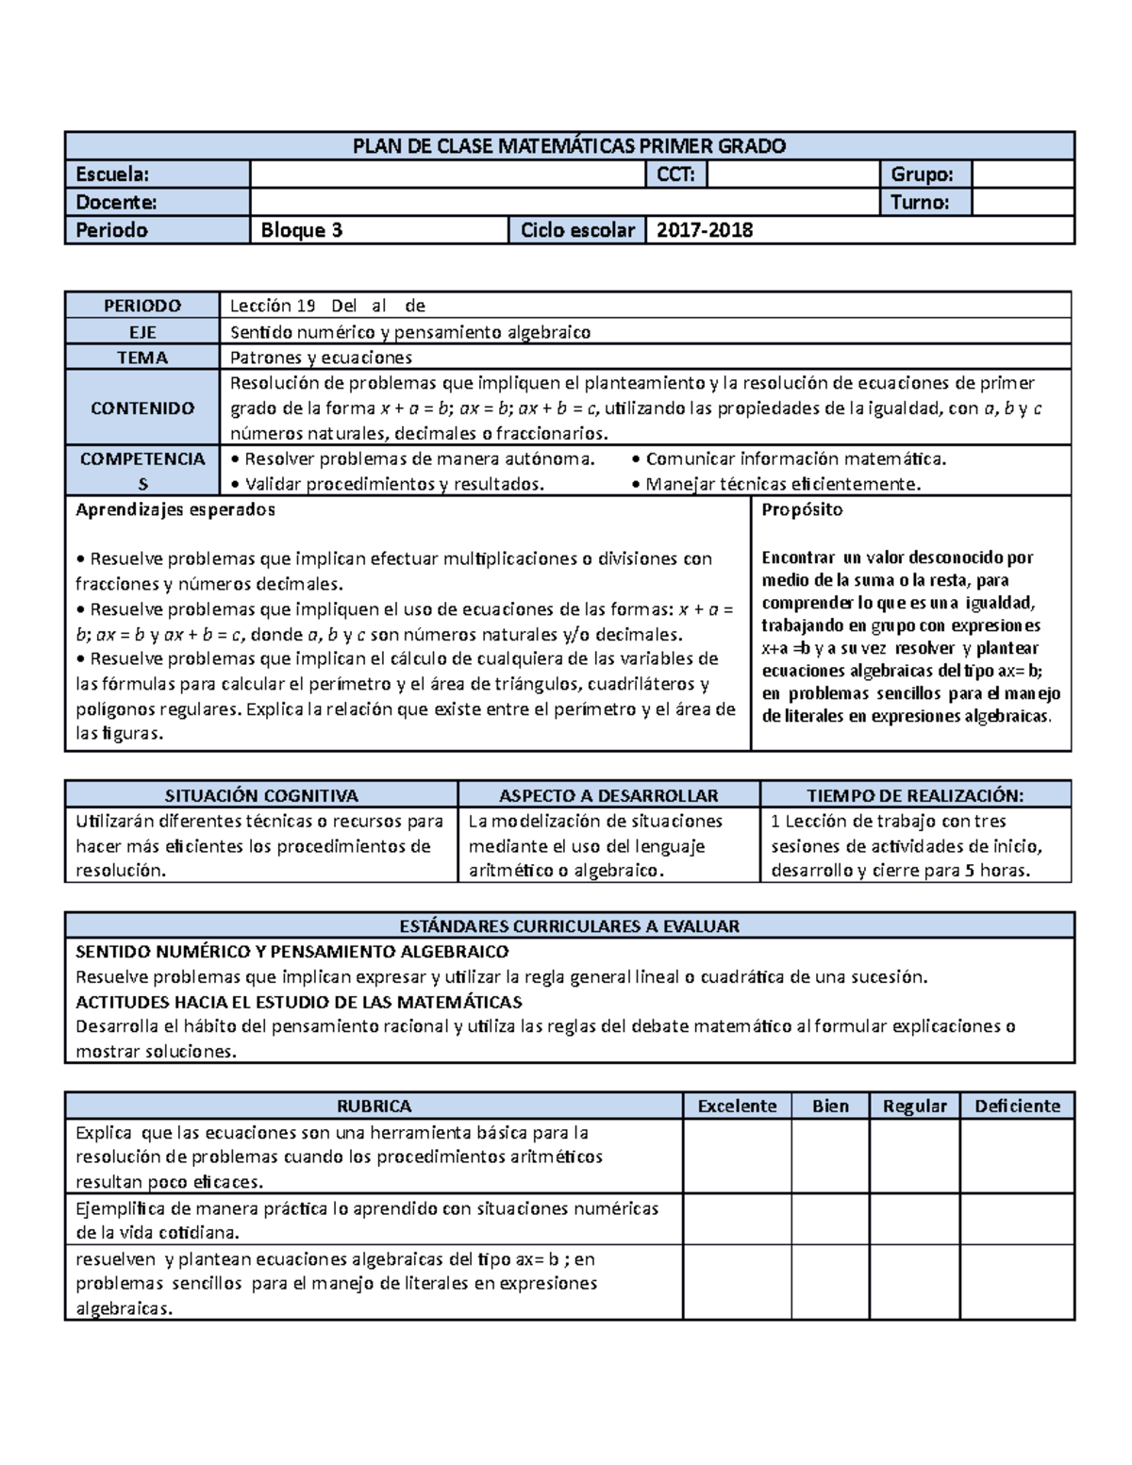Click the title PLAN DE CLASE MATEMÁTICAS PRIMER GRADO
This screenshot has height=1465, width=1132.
coord(569,146)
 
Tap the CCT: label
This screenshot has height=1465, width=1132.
coord(675,175)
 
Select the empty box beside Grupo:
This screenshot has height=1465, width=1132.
coord(1023,175)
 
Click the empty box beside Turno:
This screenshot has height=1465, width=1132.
coord(1023,202)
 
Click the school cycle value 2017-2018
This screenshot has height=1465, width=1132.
coord(705,230)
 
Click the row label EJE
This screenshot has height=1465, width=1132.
coord(142,332)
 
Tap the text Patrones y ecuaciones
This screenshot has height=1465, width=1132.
coord(322,358)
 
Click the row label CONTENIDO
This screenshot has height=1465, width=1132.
coord(142,408)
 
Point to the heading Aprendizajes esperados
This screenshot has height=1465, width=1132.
coord(175,509)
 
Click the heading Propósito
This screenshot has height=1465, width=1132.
coord(802,509)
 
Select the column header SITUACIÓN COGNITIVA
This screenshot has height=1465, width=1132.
coord(261,795)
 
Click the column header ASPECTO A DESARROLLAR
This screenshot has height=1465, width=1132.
coord(608,795)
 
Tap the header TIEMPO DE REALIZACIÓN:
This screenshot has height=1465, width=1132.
coord(915,795)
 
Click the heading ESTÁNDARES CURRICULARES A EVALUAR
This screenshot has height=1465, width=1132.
coord(569,925)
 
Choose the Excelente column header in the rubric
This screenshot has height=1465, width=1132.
coord(737,1106)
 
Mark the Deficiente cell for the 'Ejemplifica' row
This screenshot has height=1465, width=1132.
coord(1017,1220)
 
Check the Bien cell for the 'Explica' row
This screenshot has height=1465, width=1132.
coord(830,1157)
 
